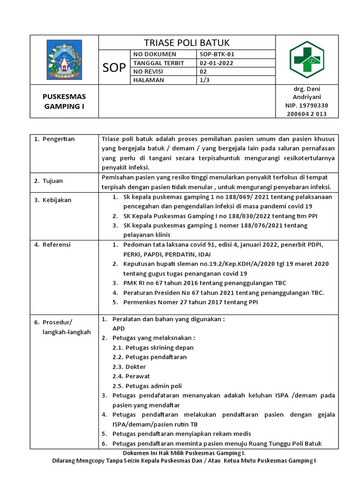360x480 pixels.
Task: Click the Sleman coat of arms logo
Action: coord(63,60)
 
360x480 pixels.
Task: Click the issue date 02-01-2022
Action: coord(217,63)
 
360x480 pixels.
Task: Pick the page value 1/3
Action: coord(205,80)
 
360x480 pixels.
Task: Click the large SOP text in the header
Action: coord(114,67)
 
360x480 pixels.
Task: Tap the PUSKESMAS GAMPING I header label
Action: coord(64,101)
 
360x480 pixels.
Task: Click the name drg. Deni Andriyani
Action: coord(306,93)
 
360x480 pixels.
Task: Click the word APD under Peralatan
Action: coord(119,329)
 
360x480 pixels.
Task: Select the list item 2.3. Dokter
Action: coord(129,367)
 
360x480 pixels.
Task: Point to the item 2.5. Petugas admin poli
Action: coord(147,386)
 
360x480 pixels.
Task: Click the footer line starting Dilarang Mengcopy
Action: coord(183,461)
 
